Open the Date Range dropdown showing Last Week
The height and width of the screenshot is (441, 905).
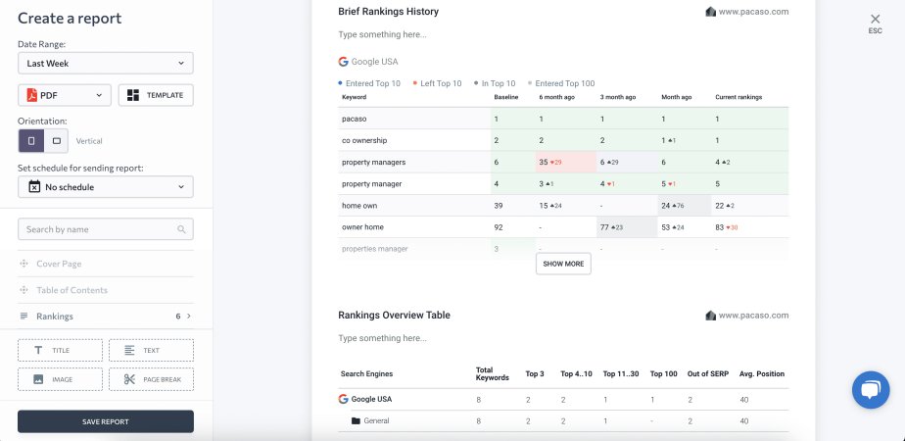click(105, 63)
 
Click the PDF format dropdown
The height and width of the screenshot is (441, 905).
click(64, 95)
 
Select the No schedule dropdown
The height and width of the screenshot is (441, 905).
click(105, 186)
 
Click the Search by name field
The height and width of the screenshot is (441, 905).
click(105, 229)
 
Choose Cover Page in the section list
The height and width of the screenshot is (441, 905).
click(59, 264)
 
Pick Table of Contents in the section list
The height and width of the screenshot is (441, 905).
click(71, 290)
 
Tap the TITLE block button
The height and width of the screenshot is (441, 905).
click(60, 350)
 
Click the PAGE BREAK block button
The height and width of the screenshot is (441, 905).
click(151, 379)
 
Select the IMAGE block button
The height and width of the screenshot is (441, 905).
click(60, 379)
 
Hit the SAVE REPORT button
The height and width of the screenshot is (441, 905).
click(105, 421)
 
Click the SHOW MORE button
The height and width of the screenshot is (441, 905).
click(563, 264)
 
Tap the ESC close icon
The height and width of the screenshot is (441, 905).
click(875, 20)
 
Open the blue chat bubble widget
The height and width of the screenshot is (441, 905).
click(869, 389)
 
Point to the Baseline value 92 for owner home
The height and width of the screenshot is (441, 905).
click(500, 227)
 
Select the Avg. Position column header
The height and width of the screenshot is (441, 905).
click(762, 373)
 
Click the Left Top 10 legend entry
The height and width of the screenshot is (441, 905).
click(440, 83)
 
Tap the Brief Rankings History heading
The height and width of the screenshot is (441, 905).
click(388, 12)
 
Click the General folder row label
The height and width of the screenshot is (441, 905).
click(376, 421)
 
